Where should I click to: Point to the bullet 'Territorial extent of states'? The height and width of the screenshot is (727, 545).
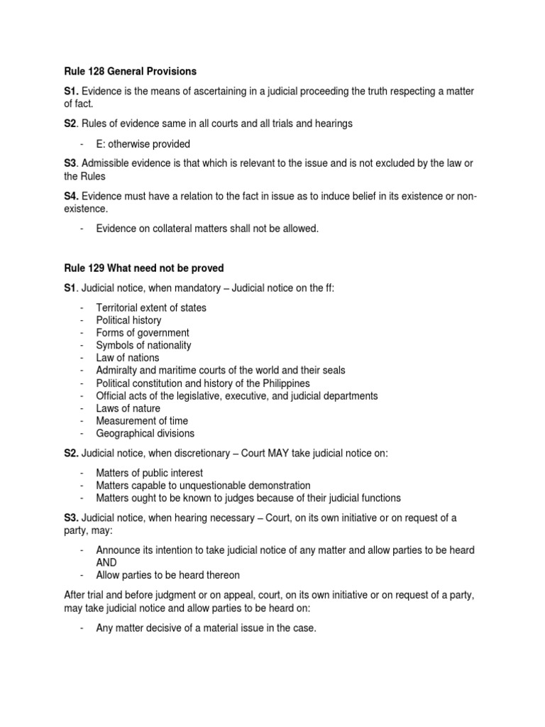(x=151, y=307)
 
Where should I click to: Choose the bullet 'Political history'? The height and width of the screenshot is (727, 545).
(x=128, y=320)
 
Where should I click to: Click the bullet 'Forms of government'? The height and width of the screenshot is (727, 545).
(x=143, y=333)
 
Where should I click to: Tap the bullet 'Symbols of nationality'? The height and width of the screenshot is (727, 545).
(x=143, y=345)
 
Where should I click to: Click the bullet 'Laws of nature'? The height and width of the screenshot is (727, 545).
(x=128, y=408)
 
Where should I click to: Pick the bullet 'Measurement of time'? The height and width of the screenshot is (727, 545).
(x=141, y=421)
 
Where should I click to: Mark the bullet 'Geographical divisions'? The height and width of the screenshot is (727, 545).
(x=145, y=433)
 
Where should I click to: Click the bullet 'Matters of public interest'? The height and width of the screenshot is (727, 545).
(x=149, y=473)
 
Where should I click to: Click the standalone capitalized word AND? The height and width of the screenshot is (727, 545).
(x=107, y=562)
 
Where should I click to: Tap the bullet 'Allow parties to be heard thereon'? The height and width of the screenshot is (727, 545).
(x=167, y=575)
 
